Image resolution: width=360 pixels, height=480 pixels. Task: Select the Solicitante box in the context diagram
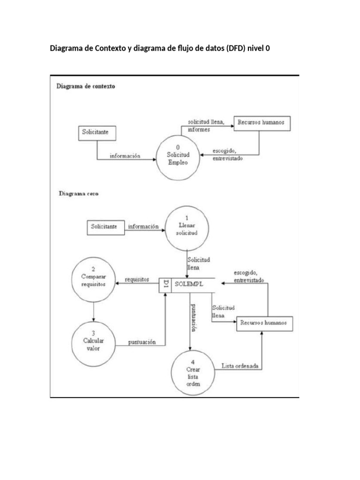tap(96, 133)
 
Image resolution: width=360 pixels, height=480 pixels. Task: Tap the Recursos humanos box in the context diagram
tap(259, 123)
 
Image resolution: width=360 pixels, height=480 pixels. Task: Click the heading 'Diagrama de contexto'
tap(86, 87)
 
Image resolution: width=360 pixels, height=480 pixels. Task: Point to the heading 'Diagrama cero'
tap(78, 193)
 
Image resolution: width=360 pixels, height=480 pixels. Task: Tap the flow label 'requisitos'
tap(137, 280)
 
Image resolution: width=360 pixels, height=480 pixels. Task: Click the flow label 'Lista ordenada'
tap(239, 366)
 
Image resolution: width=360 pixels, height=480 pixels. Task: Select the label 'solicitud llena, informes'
tap(205, 125)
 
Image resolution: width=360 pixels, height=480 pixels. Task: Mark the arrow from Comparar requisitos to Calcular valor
tap(94, 310)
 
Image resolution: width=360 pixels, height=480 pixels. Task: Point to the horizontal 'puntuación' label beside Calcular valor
tap(142, 342)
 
